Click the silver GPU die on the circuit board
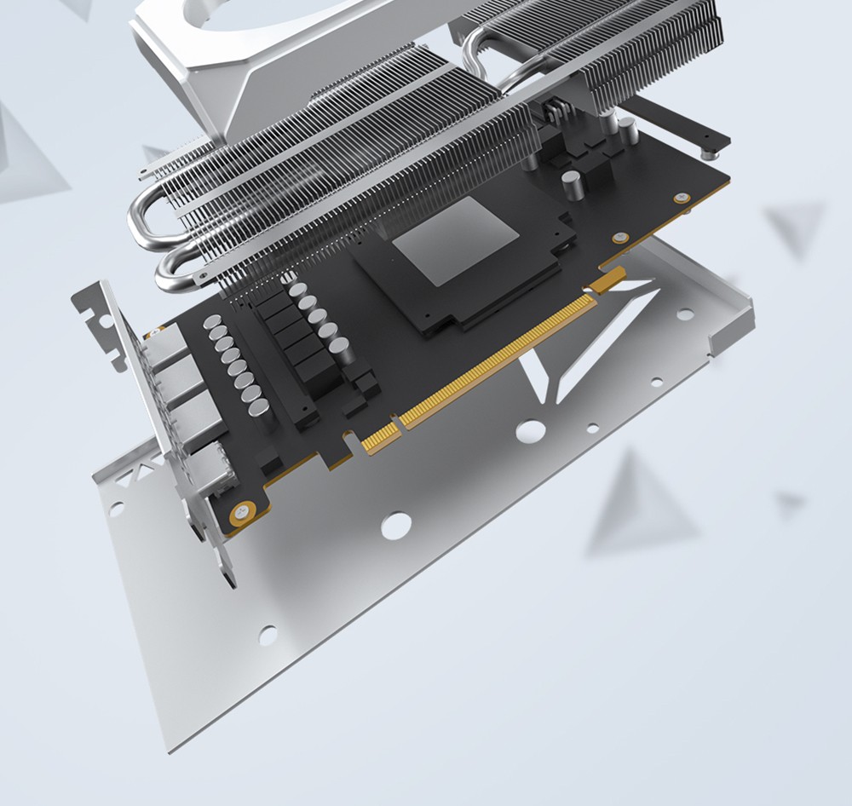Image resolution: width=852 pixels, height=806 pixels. (455, 241)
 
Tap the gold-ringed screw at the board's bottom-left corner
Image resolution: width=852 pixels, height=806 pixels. (241, 513)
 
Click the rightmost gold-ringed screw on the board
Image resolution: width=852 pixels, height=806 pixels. (681, 199)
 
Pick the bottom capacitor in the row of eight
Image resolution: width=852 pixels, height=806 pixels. (258, 407)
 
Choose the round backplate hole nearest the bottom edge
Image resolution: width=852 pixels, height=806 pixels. (268, 635)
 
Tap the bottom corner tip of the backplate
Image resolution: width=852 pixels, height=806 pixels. (170, 750)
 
